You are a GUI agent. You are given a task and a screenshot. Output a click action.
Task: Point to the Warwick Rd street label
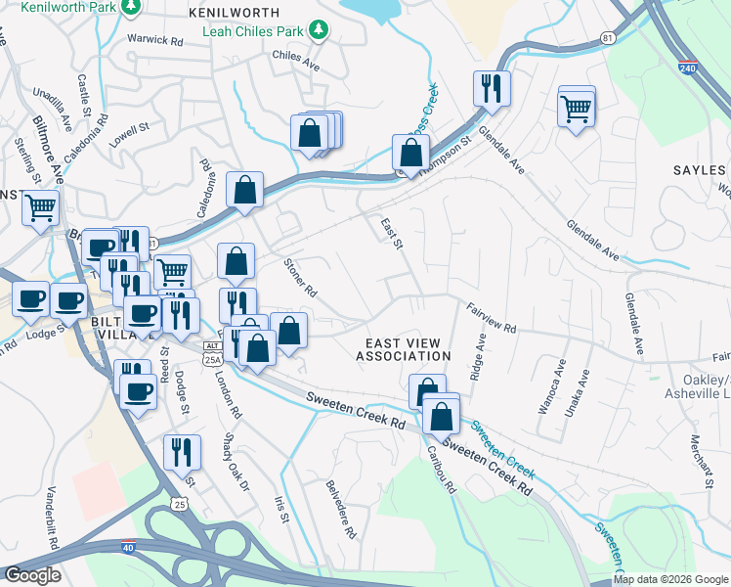[155, 41]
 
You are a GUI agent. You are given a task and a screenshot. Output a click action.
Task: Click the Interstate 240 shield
[686, 68]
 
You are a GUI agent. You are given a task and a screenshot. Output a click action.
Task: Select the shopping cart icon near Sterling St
[41, 207]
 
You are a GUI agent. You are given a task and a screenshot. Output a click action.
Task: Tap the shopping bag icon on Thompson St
[411, 152]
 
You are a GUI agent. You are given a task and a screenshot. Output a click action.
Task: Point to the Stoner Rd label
[300, 278]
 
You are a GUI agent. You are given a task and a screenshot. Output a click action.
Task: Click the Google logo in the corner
[33, 575]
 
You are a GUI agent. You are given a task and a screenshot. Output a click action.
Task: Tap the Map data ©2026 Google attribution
[670, 579]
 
